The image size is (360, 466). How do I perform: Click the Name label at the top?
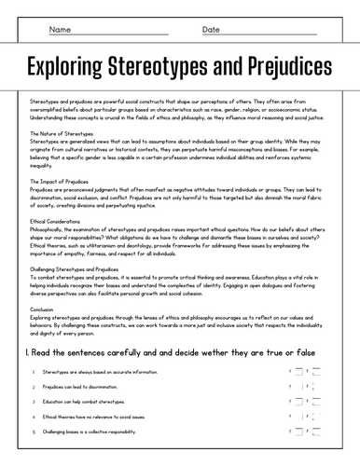(x=60, y=29)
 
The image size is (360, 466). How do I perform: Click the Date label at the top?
(x=211, y=29)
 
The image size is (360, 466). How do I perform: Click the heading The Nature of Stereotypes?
(x=62, y=133)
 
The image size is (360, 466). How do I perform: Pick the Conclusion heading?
(x=42, y=308)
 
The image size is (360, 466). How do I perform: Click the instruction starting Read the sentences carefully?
(x=177, y=353)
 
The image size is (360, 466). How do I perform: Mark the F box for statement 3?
(x=316, y=402)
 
